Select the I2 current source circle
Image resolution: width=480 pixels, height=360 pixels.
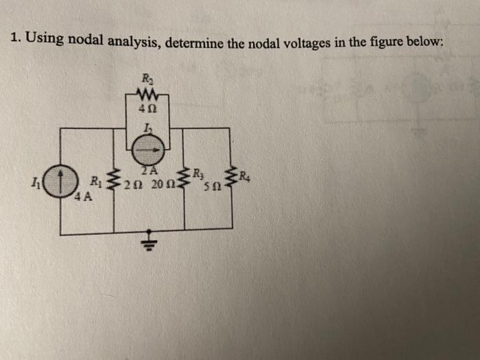(x=148, y=146)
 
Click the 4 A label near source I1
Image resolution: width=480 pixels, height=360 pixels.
(x=84, y=199)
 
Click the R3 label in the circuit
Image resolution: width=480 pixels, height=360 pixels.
(x=198, y=172)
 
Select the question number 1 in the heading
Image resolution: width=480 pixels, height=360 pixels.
(x=15, y=38)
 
